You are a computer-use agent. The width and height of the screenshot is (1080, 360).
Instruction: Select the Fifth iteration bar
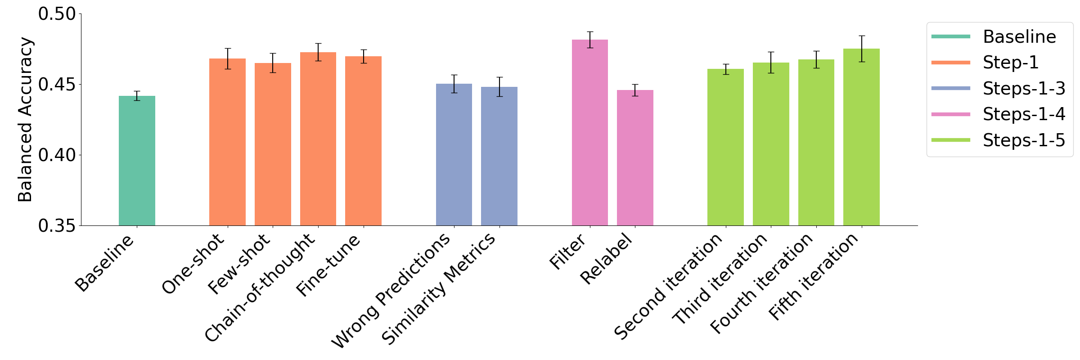(x=861, y=137)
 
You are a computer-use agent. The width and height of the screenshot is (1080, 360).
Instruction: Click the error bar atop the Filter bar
(x=590, y=40)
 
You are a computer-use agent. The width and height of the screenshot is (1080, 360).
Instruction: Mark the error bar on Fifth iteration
(x=861, y=49)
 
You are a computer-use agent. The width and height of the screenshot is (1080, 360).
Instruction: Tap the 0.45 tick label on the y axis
(x=57, y=85)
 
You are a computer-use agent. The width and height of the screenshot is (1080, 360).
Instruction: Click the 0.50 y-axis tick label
(x=57, y=14)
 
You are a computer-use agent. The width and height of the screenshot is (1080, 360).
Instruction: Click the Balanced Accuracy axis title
(x=25, y=120)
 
